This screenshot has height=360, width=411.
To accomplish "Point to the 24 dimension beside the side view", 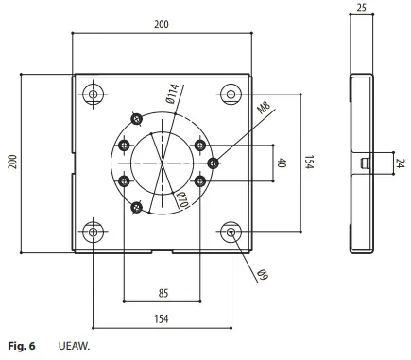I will tap(400, 163).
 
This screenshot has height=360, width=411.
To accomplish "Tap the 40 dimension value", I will tap(281, 163).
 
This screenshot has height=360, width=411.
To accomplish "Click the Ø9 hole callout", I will tap(264, 274).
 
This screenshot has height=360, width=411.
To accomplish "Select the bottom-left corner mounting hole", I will tap(93, 231).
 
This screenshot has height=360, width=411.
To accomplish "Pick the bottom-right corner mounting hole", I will tap(231, 231).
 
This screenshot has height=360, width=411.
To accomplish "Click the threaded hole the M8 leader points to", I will tap(214, 163).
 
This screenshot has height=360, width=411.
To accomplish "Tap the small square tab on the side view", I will tap(364, 163).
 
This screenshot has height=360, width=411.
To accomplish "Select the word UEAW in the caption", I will tap(73, 348).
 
